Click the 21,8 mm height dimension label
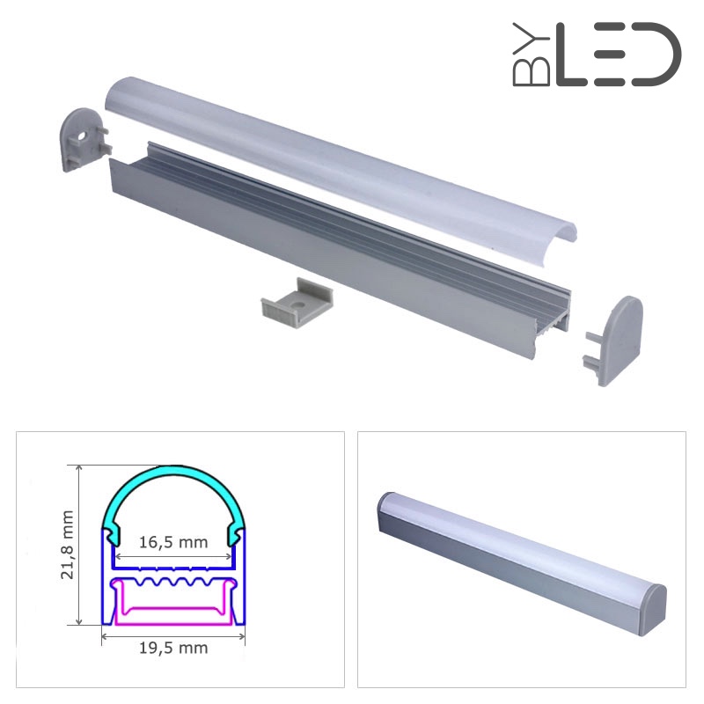click(68, 544)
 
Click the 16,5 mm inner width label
click(173, 542)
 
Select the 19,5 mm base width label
click(173, 648)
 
